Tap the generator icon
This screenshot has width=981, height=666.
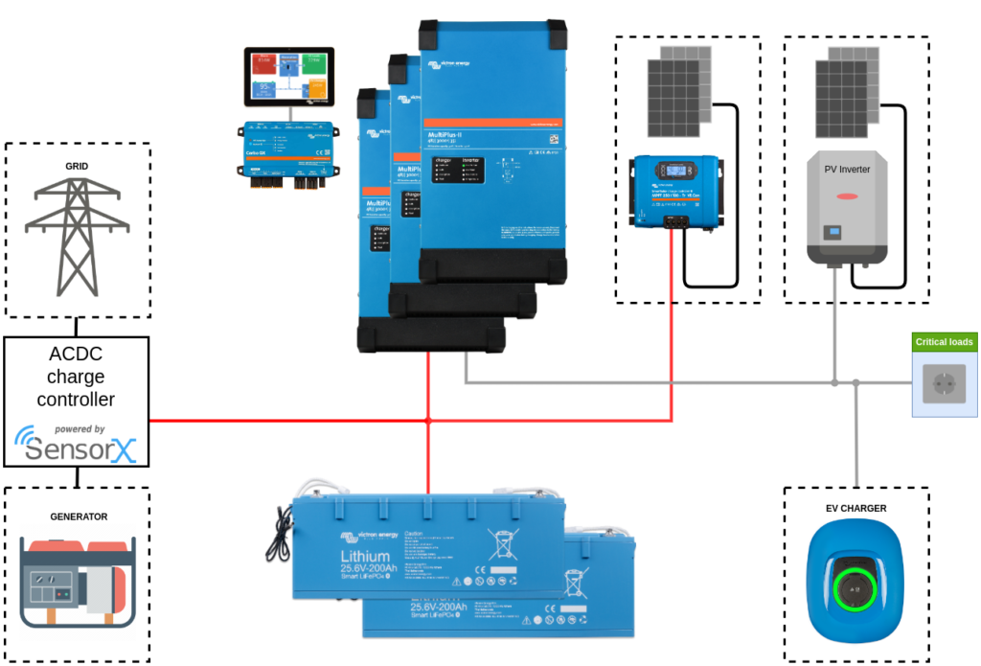[78, 582]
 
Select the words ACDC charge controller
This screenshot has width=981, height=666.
[76, 376]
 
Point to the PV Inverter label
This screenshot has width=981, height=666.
[847, 170]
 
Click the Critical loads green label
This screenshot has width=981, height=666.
[944, 342]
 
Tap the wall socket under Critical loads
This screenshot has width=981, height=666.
[944, 384]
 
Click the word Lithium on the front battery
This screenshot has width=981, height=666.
[365, 557]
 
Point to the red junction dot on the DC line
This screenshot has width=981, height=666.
[428, 421]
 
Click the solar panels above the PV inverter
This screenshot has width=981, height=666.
[847, 91]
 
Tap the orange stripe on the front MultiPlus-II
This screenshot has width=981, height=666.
[490, 124]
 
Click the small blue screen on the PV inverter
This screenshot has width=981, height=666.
[833, 232]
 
